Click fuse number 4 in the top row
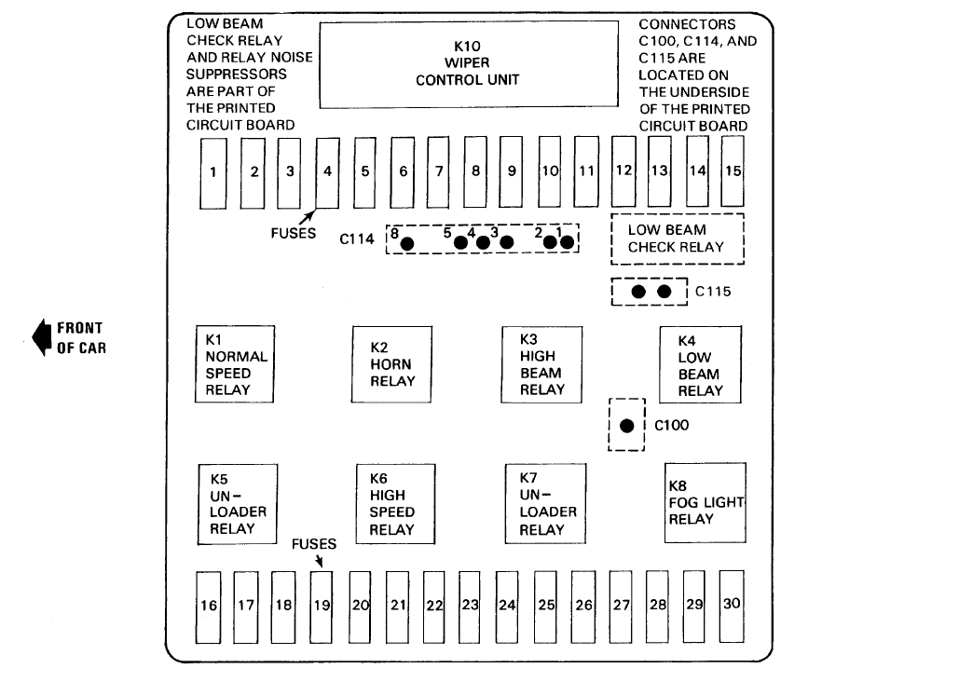tap(327, 172)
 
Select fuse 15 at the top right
tap(733, 170)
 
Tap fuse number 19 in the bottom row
tap(322, 605)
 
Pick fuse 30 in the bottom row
tap(732, 604)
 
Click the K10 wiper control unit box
tap(468, 63)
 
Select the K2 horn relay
tap(391, 364)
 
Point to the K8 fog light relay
tap(704, 503)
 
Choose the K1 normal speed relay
tap(235, 364)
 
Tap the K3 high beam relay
tap(541, 364)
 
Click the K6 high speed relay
tap(397, 503)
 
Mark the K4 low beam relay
tap(700, 364)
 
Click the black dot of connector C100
tap(627, 426)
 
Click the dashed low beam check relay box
tap(677, 239)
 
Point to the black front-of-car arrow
tap(42, 337)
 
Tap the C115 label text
tap(713, 292)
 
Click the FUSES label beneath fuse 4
tap(295, 234)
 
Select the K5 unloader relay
tap(238, 503)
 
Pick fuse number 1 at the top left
tap(213, 172)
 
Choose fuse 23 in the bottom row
tap(470, 605)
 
